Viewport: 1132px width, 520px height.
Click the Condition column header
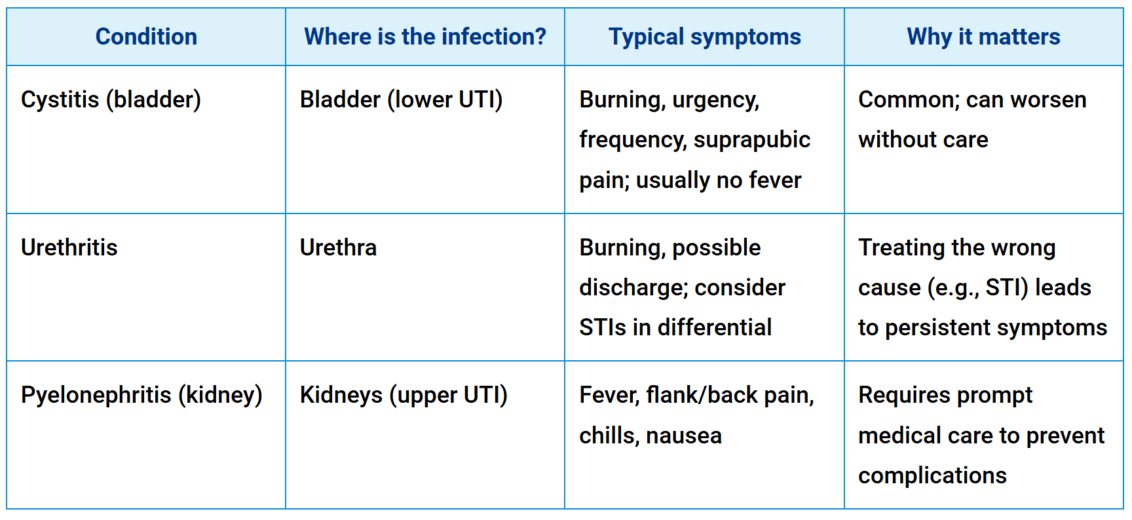(x=146, y=37)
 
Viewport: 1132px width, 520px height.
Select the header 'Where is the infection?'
(x=425, y=37)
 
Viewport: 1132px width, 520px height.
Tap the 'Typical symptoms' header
(x=704, y=37)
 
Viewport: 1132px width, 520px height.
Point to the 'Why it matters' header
(x=983, y=37)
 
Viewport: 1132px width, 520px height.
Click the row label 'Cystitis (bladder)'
(x=111, y=100)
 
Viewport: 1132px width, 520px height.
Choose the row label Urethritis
(x=69, y=248)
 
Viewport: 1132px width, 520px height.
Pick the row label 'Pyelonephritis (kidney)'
(x=141, y=395)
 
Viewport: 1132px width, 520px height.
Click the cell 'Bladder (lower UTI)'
(x=401, y=100)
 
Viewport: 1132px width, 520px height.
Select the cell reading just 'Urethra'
(x=338, y=248)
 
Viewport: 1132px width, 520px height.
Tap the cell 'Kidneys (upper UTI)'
(x=404, y=395)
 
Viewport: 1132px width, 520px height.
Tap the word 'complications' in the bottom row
(x=932, y=475)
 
